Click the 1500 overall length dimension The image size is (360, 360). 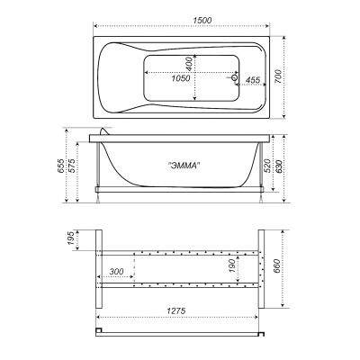pos(202,21)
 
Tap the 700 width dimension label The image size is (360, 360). pos(278,76)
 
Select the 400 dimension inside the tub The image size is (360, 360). pos(189,64)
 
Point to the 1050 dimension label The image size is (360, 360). pos(181,78)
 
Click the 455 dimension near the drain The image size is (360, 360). pos(253,80)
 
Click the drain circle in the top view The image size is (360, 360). pos(235,78)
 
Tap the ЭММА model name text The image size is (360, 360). pos(184,166)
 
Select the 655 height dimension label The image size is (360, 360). pos(61,166)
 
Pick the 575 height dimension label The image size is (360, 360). pos(72,166)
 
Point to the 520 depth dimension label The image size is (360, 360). pos(267,166)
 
